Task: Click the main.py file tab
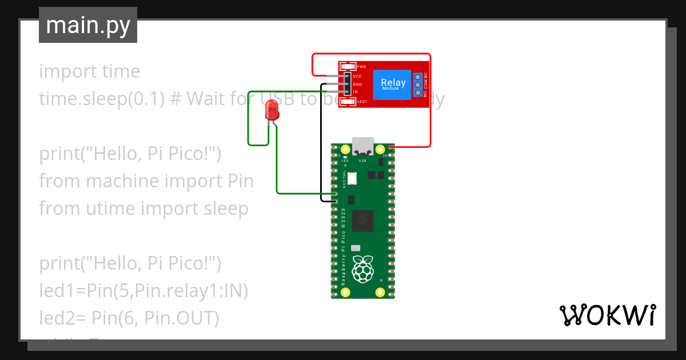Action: point(87,25)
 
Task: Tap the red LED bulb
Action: point(273,110)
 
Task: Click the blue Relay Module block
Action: point(393,84)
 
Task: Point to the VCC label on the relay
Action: point(357,76)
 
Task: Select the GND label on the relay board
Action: point(357,84)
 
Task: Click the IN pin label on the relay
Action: point(356,92)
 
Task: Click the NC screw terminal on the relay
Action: point(418,77)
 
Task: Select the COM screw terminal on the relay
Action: point(418,85)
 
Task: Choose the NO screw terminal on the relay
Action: point(418,93)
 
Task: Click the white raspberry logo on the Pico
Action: point(362,269)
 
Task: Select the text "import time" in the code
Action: point(89,71)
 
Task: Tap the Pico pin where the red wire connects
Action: point(391,147)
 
